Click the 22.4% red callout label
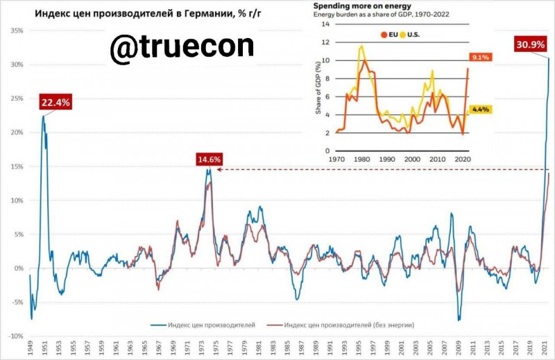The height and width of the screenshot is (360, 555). [x=55, y=103]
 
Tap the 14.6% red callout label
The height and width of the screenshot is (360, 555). [x=210, y=160]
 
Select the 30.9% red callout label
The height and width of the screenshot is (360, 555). [x=529, y=45]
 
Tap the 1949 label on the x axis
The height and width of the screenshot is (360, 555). [x=31, y=348]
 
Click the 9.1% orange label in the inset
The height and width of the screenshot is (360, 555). [x=480, y=58]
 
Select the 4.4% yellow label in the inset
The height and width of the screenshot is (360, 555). [x=480, y=110]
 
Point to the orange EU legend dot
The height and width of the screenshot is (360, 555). [x=382, y=34]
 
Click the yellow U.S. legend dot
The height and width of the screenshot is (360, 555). [x=402, y=34]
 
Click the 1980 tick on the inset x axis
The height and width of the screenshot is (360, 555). [x=361, y=159]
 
